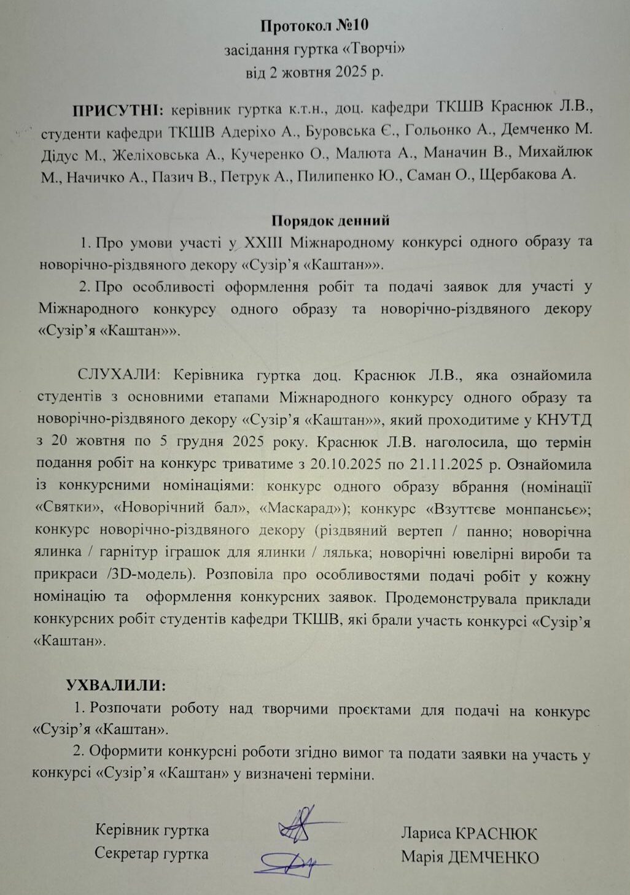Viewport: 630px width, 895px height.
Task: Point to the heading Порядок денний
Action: [x=330, y=220]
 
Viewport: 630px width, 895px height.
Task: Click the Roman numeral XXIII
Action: [x=262, y=242]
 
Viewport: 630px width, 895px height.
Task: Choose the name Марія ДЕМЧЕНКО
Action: [x=470, y=857]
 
